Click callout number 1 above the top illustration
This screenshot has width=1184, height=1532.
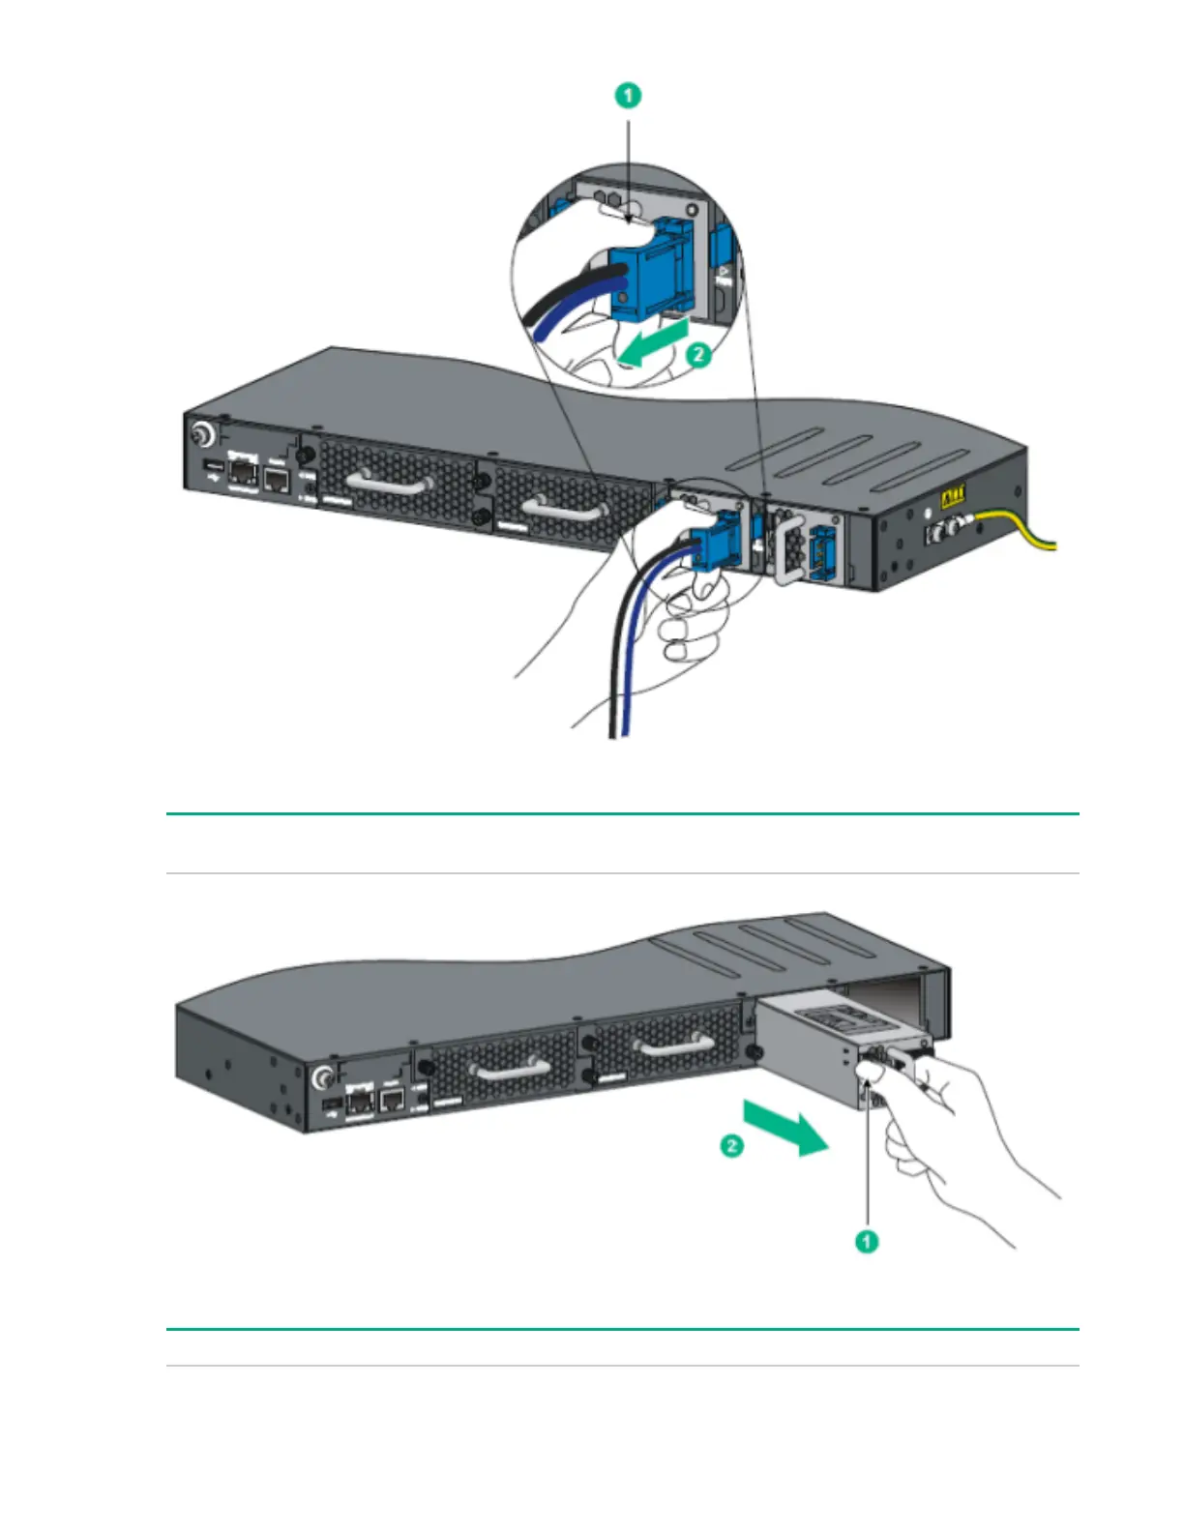(x=629, y=96)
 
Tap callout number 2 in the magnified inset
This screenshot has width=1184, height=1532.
(x=698, y=355)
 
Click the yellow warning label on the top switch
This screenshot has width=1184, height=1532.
(x=953, y=500)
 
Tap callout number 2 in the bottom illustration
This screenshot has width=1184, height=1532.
(x=732, y=1146)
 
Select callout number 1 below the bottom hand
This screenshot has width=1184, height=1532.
(x=867, y=1240)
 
